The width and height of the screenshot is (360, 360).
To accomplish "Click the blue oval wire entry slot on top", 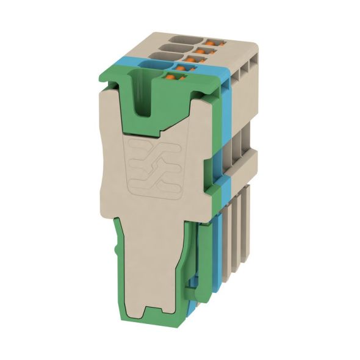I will (156, 63).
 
